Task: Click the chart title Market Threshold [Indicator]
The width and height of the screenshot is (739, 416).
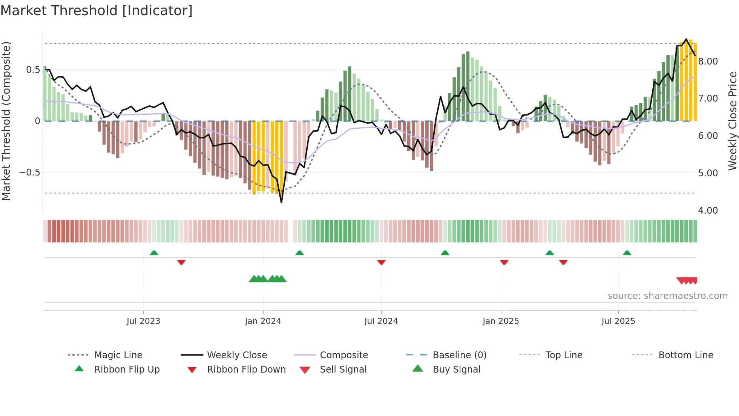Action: click(x=97, y=11)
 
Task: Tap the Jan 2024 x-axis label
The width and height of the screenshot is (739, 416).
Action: click(x=263, y=321)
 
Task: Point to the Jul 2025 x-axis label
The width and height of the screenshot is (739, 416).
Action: click(x=618, y=321)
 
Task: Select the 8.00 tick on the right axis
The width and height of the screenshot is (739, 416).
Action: click(x=708, y=62)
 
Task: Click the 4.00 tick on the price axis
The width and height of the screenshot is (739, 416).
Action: click(x=708, y=211)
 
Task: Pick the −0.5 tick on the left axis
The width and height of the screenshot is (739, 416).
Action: click(x=29, y=173)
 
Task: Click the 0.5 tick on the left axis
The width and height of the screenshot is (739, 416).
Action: click(x=33, y=70)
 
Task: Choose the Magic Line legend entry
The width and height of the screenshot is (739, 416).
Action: click(x=118, y=355)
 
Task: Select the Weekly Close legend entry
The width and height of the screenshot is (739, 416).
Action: click(x=237, y=355)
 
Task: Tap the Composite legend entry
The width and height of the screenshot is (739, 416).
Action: click(x=343, y=355)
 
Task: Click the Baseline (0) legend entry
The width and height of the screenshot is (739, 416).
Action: click(x=459, y=355)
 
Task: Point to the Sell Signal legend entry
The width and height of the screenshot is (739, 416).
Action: click(x=343, y=370)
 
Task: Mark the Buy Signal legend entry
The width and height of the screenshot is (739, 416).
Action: click(x=456, y=370)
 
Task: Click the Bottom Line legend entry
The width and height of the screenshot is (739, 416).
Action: click(x=685, y=355)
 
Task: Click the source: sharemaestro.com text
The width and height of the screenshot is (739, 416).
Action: click(x=667, y=296)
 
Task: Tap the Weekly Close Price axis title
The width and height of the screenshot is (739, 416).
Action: click(x=732, y=121)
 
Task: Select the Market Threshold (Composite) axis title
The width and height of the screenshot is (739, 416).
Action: click(x=6, y=121)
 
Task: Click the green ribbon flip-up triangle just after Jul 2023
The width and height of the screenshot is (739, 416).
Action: click(x=154, y=253)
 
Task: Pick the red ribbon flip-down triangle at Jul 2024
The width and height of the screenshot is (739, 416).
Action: click(x=381, y=262)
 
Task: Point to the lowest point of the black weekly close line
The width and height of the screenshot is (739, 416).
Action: click(x=281, y=202)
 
